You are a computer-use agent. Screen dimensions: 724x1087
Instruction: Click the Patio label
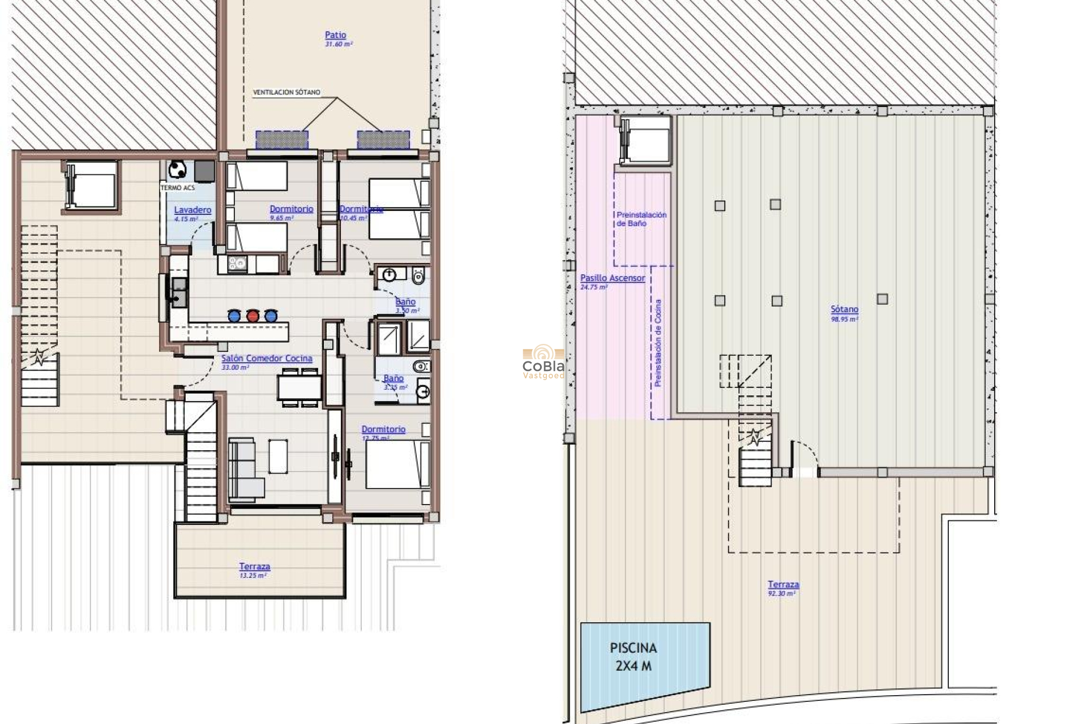tap(335, 35)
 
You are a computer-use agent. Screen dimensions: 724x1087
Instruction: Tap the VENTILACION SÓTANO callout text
tap(286, 92)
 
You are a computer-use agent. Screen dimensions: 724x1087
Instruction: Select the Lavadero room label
tap(192, 210)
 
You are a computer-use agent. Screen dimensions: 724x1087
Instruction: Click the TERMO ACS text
tap(177, 188)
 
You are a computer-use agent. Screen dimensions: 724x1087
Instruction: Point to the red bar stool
tap(253, 316)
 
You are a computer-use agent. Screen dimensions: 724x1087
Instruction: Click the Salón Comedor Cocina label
tap(267, 359)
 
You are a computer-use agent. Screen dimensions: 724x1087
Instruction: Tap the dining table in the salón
tap(299, 388)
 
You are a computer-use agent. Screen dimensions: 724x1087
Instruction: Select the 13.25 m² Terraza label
tap(254, 567)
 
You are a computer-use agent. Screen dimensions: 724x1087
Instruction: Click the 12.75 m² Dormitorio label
tap(383, 430)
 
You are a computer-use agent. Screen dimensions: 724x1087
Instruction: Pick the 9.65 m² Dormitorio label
tap(291, 209)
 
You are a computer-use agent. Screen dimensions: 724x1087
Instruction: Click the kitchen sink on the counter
tap(179, 291)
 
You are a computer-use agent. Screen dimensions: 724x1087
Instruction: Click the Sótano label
tap(844, 309)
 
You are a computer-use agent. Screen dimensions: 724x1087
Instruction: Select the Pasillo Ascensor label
tap(612, 278)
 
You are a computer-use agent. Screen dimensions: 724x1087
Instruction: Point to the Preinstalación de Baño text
tap(641, 219)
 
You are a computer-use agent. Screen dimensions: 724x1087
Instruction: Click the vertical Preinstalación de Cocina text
tap(658, 343)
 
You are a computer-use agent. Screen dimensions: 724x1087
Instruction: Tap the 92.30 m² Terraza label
tap(783, 585)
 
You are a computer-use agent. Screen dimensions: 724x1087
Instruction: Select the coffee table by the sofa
tap(277, 456)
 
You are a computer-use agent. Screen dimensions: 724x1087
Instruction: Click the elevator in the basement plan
tap(645, 140)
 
